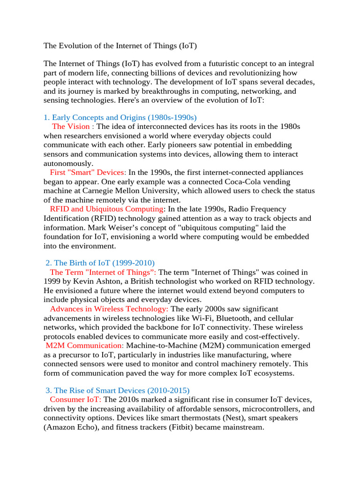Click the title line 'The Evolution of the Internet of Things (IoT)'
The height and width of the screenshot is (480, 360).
(x=120, y=46)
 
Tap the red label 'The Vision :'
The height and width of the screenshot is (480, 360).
(x=73, y=126)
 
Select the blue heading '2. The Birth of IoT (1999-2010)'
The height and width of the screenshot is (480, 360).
(x=100, y=263)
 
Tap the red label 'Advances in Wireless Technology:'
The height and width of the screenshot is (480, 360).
(x=109, y=309)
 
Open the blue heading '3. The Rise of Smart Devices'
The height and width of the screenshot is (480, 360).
(x=117, y=390)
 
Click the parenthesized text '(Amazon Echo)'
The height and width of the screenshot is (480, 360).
(x=68, y=427)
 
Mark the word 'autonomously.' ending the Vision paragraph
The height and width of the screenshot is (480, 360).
(x=68, y=163)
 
